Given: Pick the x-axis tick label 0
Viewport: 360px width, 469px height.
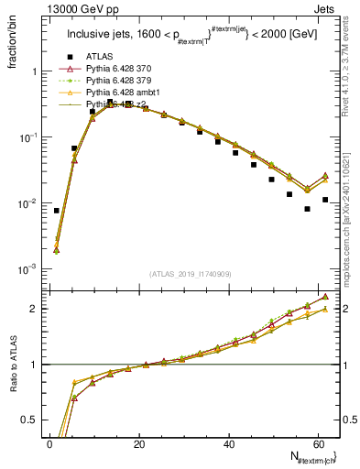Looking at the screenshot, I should (50, 443).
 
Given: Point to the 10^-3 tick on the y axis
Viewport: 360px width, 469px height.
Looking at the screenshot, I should (29, 269).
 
